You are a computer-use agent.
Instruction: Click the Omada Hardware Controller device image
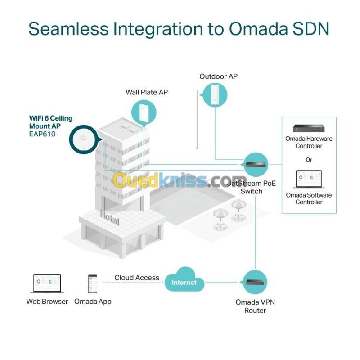(x=309, y=128)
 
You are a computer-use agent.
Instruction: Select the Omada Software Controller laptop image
(x=309, y=180)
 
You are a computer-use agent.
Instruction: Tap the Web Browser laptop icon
(x=47, y=284)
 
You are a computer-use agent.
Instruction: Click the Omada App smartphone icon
(x=93, y=283)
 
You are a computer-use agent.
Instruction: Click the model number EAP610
(x=43, y=134)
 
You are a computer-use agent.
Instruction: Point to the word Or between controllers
(x=309, y=160)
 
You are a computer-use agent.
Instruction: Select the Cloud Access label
(x=137, y=278)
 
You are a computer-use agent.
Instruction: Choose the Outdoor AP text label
(x=218, y=76)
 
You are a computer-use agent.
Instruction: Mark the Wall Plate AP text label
(x=147, y=92)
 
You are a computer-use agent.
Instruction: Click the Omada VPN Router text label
(x=255, y=306)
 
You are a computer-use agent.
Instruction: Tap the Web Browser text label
(x=47, y=301)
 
